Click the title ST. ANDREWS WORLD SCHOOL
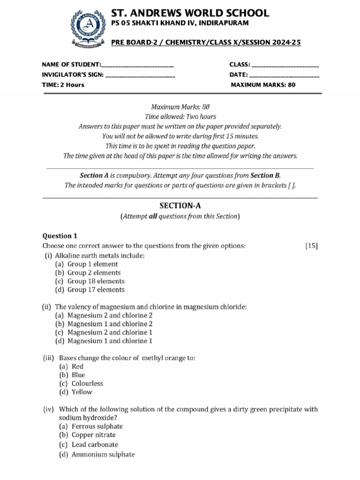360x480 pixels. pos(190,13)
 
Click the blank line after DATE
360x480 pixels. pos(285,75)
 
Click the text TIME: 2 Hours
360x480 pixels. pos(63,85)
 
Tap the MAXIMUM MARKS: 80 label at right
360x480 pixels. pos(263,85)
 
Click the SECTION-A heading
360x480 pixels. pos(180,205)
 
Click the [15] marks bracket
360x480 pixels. pos(311,245)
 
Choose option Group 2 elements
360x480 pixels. pos(94,273)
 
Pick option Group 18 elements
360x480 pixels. pos(96,281)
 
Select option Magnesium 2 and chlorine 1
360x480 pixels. pos(110,332)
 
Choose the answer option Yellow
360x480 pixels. pos(82,392)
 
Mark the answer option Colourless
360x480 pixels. pos(87,383)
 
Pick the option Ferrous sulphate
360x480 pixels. pos(97,427)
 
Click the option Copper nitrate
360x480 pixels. pos(94,435)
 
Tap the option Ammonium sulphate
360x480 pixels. pos(103,454)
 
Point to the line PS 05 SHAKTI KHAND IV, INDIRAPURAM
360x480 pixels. pos(180,23)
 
